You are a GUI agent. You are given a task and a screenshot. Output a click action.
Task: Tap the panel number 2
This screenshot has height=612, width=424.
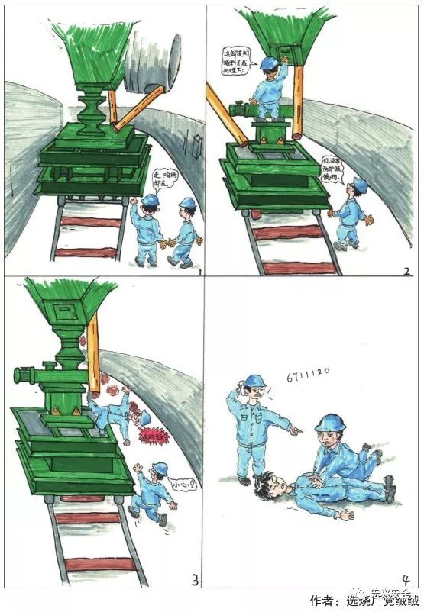[406, 270]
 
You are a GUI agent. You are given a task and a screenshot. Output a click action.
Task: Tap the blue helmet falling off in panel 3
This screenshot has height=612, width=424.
[143, 420]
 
